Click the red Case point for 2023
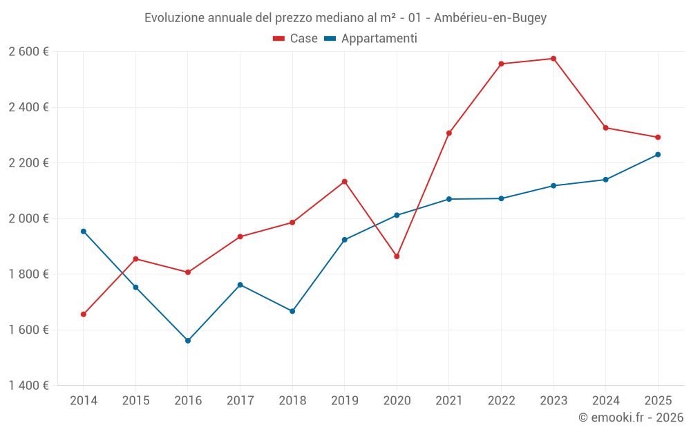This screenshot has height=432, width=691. click(x=553, y=59)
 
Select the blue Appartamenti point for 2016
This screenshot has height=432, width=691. click(x=188, y=341)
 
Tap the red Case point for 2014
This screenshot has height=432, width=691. click(x=84, y=314)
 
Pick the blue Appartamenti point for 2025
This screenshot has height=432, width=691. click(x=658, y=155)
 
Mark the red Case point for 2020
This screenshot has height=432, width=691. click(x=397, y=256)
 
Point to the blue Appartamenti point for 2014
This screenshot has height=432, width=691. click(x=84, y=232)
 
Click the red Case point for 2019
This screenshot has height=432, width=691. click(x=345, y=182)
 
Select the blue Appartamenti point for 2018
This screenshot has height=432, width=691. click(x=292, y=311)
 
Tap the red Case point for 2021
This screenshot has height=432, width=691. click(x=449, y=133)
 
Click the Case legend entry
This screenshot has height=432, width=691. click(x=296, y=39)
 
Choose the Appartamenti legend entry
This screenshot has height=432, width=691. click(x=371, y=39)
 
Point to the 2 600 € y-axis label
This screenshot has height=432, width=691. click(x=28, y=52)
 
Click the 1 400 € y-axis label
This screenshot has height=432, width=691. click(x=28, y=386)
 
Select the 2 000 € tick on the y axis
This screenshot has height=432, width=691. click(x=28, y=218)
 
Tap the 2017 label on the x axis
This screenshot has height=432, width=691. click(x=240, y=401)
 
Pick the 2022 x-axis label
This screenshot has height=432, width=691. click(x=501, y=401)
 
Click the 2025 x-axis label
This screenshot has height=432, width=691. click(x=658, y=401)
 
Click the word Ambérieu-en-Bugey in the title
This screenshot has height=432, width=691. click(x=490, y=18)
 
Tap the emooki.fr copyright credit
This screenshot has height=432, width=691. click(x=631, y=417)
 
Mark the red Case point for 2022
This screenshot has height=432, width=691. click(x=501, y=64)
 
